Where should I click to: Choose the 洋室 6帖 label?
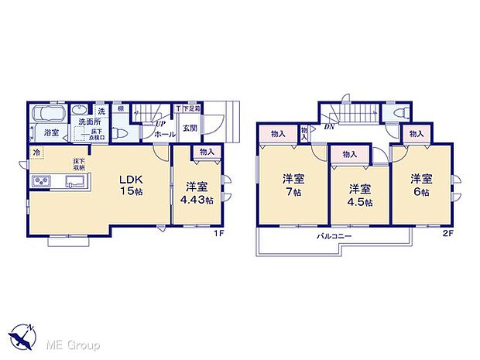tap(420, 184)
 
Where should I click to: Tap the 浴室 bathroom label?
tap(51, 133)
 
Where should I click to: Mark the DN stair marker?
tap(329, 126)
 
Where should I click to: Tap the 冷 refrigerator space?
tap(36, 153)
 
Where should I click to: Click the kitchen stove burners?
tap(41, 183)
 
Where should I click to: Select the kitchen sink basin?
tap(75, 183)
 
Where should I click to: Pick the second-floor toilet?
tap(399, 114)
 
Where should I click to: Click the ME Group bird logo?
tap(24, 334)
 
